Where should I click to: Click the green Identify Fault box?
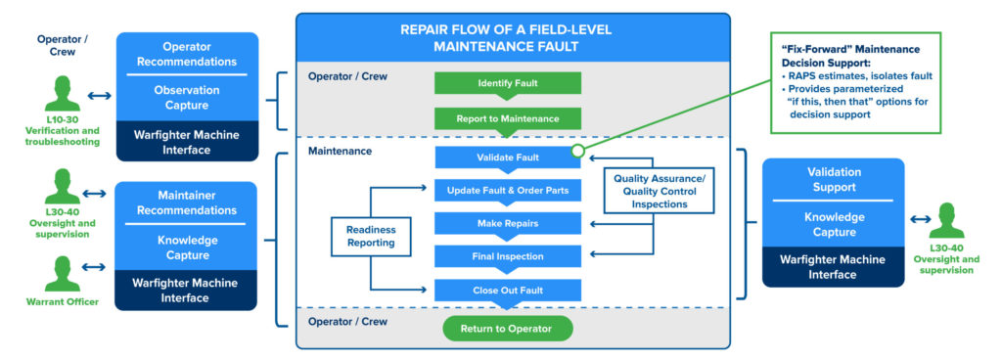[x=508, y=83]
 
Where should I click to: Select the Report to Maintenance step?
[x=508, y=118]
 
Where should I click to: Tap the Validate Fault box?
[x=508, y=157]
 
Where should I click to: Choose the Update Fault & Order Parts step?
[x=508, y=190]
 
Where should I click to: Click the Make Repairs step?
[x=508, y=223]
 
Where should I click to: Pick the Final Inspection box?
[x=508, y=256]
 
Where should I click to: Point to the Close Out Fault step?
[x=508, y=291]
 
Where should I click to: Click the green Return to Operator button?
[x=508, y=329]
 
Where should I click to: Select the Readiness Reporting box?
[x=371, y=236]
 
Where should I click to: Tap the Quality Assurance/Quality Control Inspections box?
[x=659, y=191]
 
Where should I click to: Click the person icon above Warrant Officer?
[x=62, y=274]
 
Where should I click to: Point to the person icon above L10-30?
[x=62, y=94]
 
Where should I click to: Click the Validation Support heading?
[x=834, y=180]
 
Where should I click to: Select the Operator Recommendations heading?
[x=187, y=54]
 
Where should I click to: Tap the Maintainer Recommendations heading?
[x=187, y=202]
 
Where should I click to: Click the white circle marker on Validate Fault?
[x=577, y=151]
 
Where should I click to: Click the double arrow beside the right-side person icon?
[x=920, y=219]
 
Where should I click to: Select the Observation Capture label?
[x=187, y=98]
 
